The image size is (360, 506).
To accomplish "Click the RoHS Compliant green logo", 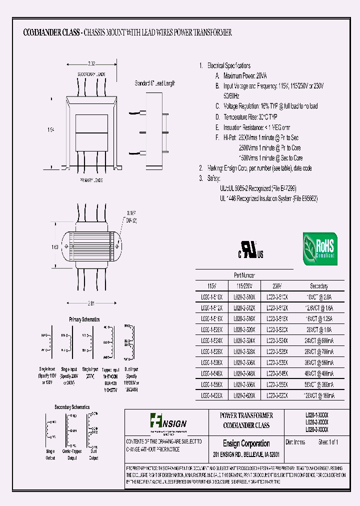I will tap(320, 248).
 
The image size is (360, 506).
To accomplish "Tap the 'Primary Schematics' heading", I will tap(84, 319).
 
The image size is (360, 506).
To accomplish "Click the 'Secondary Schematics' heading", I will tap(72, 407).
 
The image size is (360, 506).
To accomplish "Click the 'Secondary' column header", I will tap(318, 286).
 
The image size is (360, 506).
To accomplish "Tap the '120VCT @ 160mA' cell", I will tap(318, 395).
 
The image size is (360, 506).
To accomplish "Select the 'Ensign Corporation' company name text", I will tap(246, 443).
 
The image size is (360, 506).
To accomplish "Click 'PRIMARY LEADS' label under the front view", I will tap(91, 180).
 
